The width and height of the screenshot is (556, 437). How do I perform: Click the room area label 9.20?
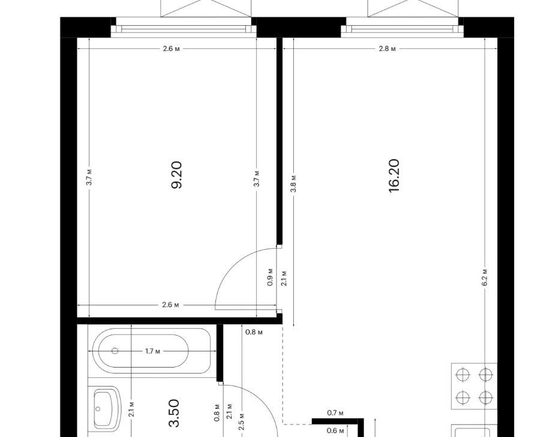click(x=176, y=175)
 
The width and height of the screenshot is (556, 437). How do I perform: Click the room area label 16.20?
click(x=394, y=176)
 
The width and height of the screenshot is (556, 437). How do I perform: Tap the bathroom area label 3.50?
click(x=175, y=413)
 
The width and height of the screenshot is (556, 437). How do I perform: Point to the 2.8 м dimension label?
click(x=387, y=48)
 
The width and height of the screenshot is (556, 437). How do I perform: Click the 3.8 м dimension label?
click(x=294, y=184)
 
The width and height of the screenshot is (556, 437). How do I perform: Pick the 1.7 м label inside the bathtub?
click(x=152, y=351)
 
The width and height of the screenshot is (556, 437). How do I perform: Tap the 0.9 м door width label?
click(x=270, y=277)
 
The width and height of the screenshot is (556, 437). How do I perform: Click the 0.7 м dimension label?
click(x=335, y=412)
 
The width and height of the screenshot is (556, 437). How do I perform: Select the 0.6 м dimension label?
click(x=335, y=430)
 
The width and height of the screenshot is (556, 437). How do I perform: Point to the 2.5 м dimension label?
click(x=242, y=421)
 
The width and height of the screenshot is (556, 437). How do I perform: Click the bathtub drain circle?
click(x=115, y=351)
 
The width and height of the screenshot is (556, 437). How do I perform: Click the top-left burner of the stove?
click(x=463, y=375)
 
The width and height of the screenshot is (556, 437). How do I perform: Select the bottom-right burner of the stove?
click(x=485, y=397)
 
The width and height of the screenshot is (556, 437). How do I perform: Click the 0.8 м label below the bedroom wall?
click(x=254, y=332)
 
